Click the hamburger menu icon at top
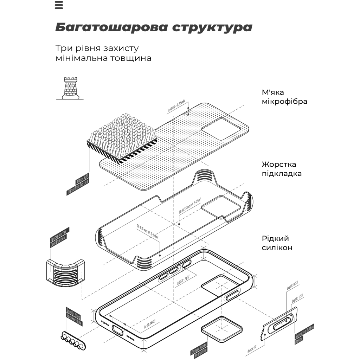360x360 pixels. tap(59, 5)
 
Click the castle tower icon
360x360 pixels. tap(70, 89)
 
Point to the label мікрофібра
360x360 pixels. tap(284, 102)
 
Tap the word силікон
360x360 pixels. tap(277, 248)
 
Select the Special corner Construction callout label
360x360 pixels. tap(59, 238)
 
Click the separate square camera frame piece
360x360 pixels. tap(222, 329)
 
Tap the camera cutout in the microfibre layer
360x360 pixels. tap(218, 127)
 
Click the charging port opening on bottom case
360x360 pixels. tap(117, 330)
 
